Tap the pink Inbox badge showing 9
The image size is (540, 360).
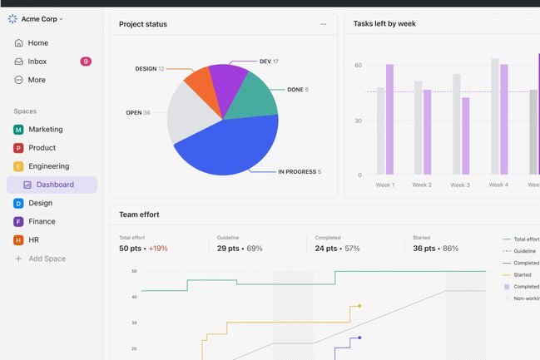point(86,62)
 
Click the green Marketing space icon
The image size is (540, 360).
point(18,130)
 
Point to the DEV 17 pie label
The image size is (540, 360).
point(269,62)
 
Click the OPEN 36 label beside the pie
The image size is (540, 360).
point(138,112)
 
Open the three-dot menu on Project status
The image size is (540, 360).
point(324,24)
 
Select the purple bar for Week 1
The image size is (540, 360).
point(389,120)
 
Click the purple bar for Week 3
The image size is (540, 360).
point(466,136)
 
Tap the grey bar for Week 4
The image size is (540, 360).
point(495,116)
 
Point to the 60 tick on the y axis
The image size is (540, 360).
point(358,65)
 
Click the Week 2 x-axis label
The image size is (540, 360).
point(422,185)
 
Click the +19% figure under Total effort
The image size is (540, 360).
point(158,249)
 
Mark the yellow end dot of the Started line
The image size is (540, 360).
point(359,306)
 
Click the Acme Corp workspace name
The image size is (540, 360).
point(39,19)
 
